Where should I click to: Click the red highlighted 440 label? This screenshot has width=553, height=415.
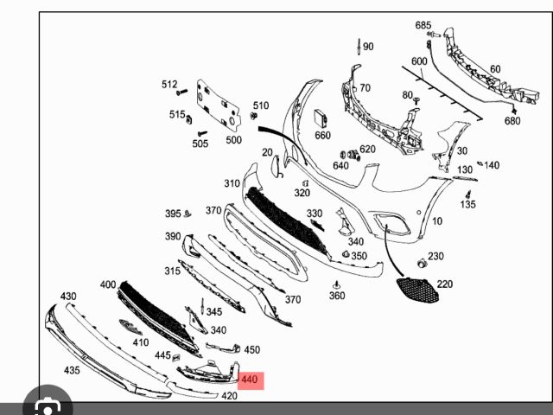251,380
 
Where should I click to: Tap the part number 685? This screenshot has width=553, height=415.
423,25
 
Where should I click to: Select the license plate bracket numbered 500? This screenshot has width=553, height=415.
219,105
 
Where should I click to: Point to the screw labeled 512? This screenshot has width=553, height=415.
182,93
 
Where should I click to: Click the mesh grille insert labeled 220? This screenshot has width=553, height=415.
417,290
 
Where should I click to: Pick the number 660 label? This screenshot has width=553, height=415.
322,135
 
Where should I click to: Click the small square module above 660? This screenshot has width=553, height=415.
321,118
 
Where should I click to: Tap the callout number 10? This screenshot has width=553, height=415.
437,221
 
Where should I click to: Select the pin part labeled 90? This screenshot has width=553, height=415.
359,47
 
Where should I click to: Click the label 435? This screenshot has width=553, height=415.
72,370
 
